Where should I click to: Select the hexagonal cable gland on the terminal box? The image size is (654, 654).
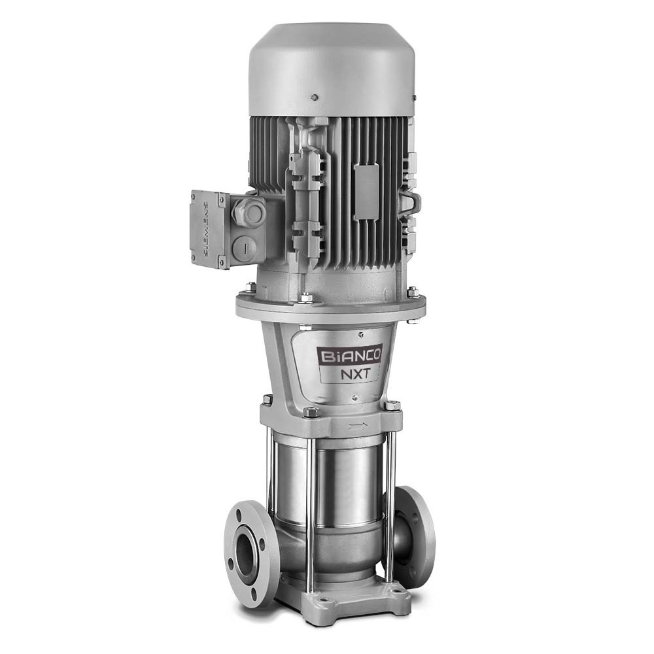(x=249, y=211)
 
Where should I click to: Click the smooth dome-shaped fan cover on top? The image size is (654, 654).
(x=330, y=70)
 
